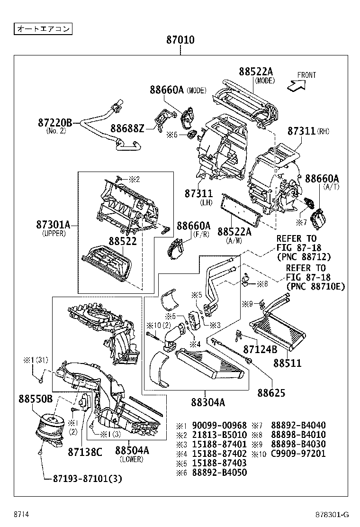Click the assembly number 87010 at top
click(x=180, y=40)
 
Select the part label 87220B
click(x=55, y=123)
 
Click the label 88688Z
click(x=127, y=128)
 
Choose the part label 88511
click(x=287, y=363)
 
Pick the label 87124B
click(x=260, y=350)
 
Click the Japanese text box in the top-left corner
click(x=43, y=29)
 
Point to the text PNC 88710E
click(x=315, y=287)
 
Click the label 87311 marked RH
click(x=302, y=131)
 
